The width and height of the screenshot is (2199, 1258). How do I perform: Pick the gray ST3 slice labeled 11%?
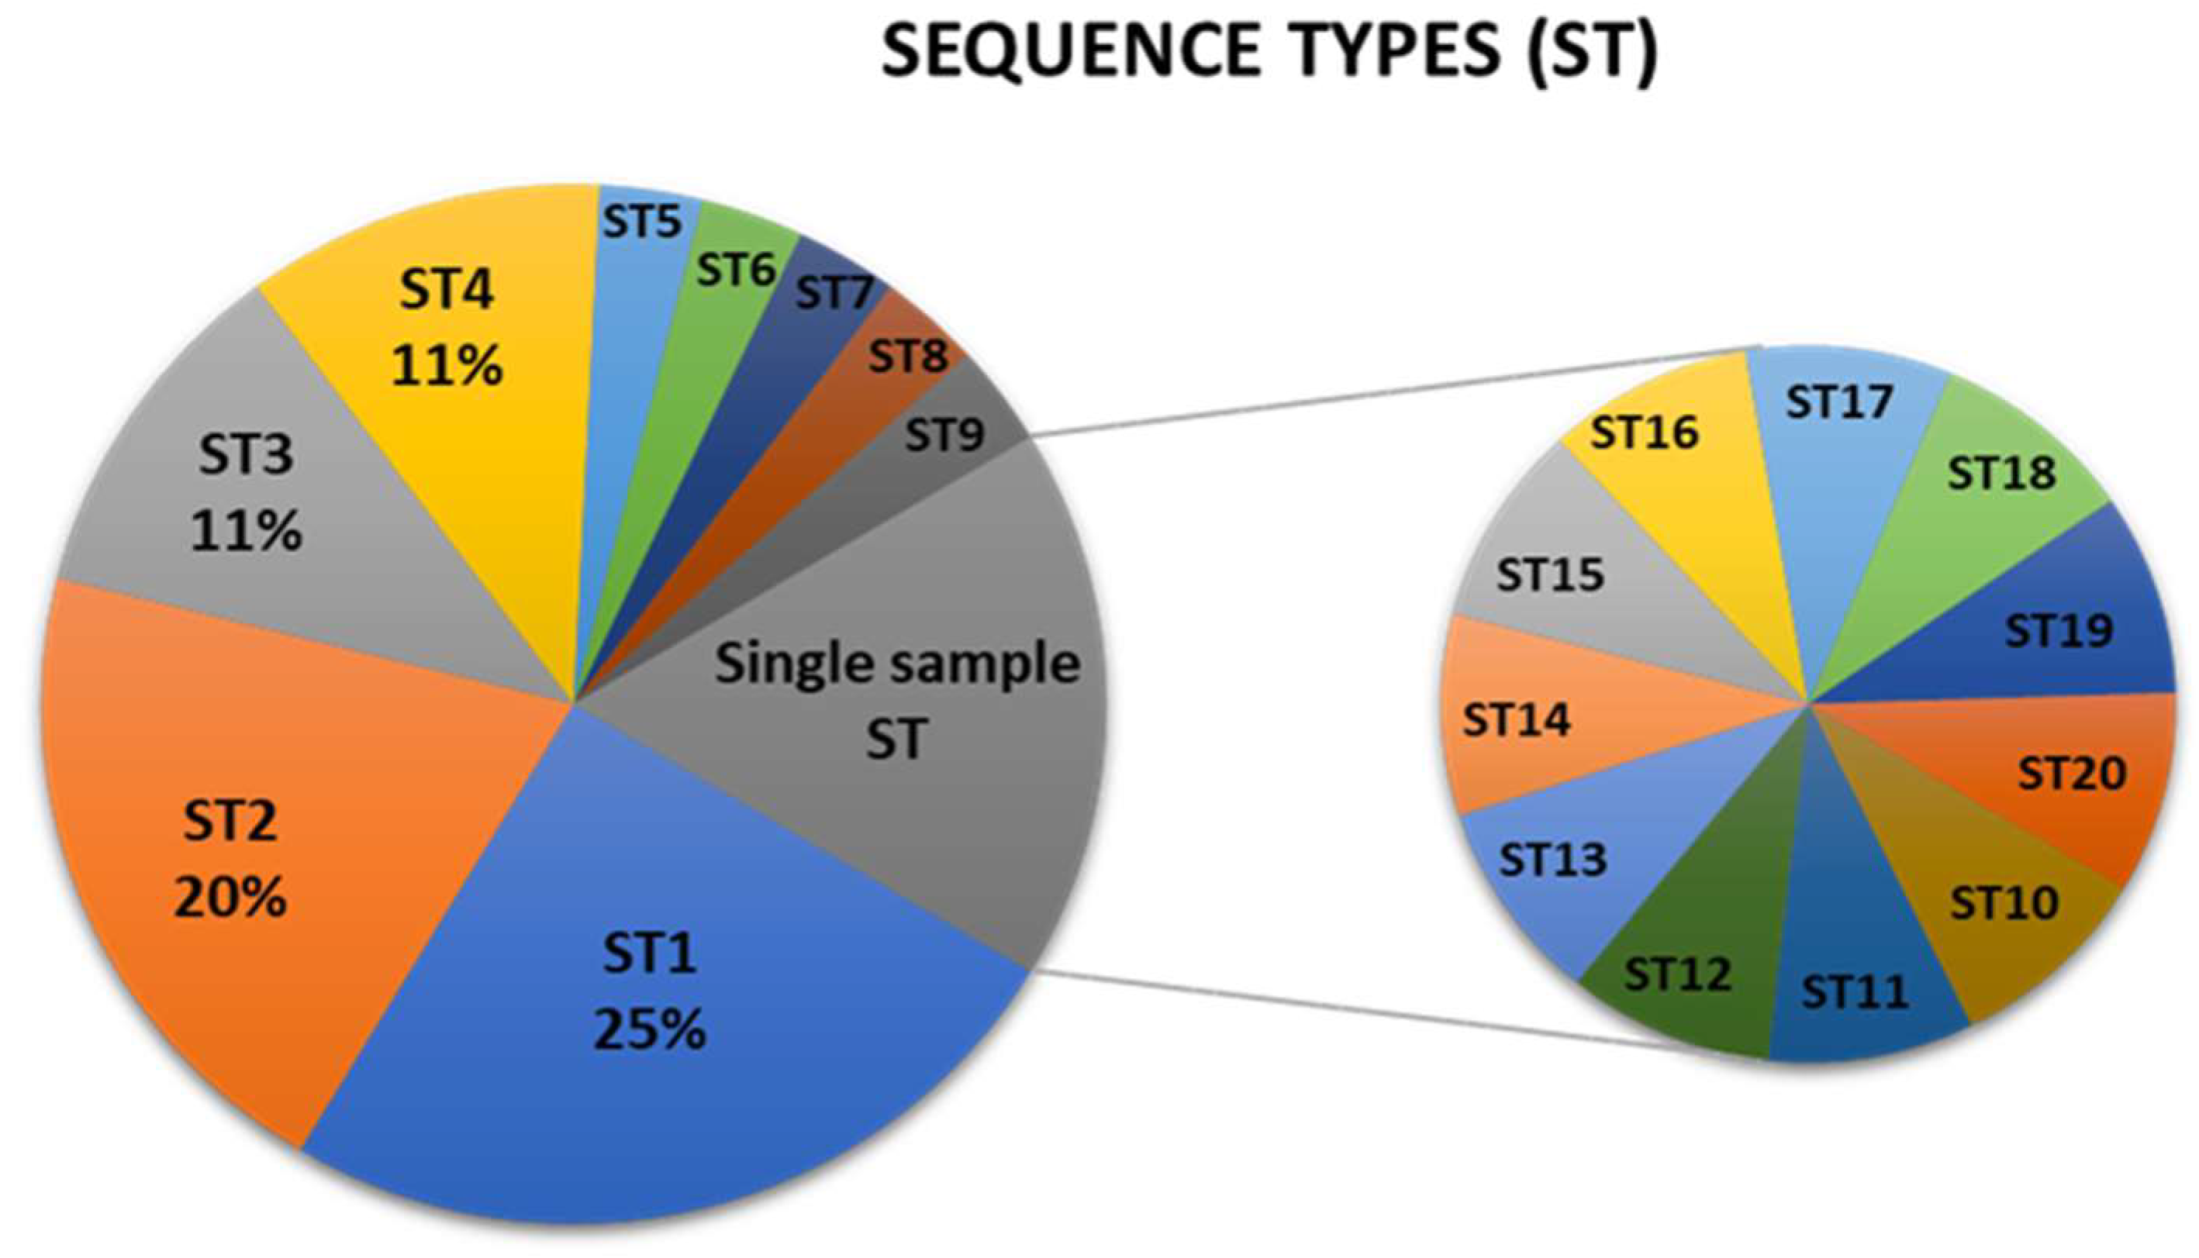click(247, 492)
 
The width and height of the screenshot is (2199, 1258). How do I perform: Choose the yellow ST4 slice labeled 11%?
click(447, 329)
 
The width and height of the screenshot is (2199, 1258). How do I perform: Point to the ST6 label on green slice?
click(736, 271)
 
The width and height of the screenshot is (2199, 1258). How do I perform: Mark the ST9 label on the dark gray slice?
click(944, 435)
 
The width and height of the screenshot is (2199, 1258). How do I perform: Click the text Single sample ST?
click(897, 700)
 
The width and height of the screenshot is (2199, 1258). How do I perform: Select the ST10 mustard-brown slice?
click(2004, 903)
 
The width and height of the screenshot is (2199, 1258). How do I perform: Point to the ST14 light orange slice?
click(1517, 720)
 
